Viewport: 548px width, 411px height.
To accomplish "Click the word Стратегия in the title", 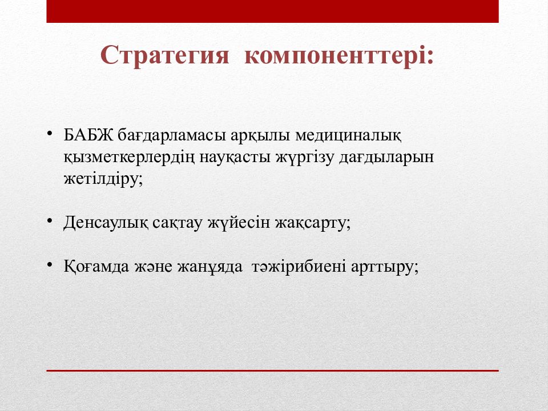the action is [164, 55].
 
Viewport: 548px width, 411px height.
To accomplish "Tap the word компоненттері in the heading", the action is [335, 55].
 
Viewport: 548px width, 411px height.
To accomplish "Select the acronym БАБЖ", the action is [88, 135].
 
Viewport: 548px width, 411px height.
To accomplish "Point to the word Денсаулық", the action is [106, 223].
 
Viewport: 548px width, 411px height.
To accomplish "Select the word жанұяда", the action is [209, 267].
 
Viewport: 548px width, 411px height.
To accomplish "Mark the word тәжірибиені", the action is [299, 267].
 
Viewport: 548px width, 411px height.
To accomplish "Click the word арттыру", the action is [382, 267].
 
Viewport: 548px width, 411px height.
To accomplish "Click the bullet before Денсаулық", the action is [50, 221].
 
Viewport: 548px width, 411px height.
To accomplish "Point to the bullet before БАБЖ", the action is [50, 134].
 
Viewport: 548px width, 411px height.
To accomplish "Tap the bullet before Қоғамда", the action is [50, 264].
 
